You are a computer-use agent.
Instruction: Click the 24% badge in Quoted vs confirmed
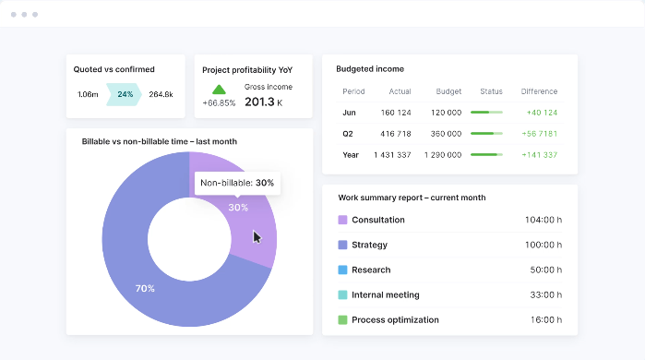(125, 94)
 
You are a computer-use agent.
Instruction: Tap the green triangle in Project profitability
(219, 90)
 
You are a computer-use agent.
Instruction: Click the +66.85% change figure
(219, 103)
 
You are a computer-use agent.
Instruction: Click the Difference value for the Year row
(538, 155)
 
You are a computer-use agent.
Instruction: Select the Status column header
(491, 91)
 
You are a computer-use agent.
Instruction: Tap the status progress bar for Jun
(486, 113)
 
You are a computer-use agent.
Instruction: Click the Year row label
(352, 155)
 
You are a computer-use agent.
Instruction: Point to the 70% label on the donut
(145, 289)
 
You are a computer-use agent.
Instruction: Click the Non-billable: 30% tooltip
(236, 183)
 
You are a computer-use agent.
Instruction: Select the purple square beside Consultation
(342, 220)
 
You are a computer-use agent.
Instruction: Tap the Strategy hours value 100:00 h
(543, 246)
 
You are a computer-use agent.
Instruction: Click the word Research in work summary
(371, 270)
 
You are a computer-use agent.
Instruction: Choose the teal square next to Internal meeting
(342, 295)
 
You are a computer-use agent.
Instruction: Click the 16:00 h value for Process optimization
(545, 320)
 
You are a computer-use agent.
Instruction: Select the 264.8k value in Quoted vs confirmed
(161, 94)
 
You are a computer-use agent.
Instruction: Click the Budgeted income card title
(370, 69)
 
